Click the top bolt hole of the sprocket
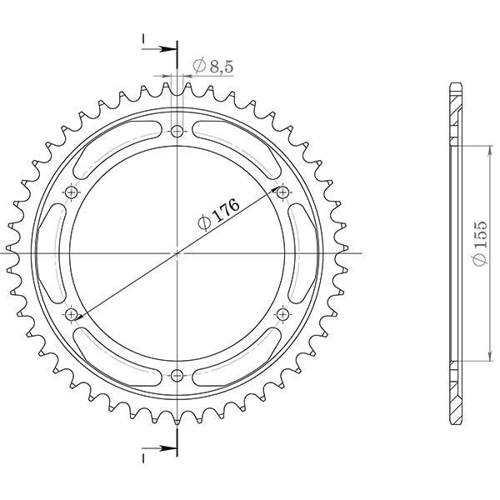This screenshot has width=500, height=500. point(177,131)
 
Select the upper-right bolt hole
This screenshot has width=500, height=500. point(282,192)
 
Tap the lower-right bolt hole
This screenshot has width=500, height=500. point(282,313)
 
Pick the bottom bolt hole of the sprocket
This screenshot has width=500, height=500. point(177,374)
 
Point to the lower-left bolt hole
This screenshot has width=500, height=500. point(71,313)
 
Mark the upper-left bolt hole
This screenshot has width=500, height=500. point(71,192)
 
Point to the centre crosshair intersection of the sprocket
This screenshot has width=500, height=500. point(177,252)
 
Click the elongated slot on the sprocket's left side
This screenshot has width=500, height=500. point(49,252)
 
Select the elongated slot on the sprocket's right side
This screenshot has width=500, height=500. point(303,252)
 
